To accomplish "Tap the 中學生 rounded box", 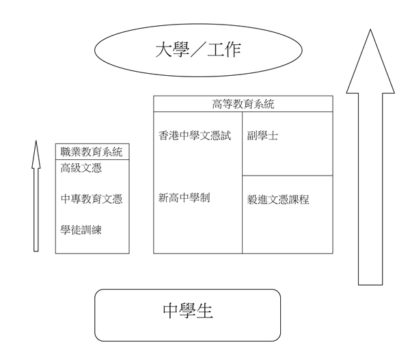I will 188,314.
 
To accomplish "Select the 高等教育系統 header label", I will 243,105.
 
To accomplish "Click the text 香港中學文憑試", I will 195,136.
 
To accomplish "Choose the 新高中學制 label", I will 184,198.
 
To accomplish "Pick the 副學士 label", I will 262,136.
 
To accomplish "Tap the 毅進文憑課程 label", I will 278,200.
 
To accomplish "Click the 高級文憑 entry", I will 81,169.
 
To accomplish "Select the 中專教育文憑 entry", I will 92,199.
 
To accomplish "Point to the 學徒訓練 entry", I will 81,229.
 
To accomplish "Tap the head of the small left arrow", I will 36,154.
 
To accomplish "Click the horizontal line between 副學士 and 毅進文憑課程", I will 288,176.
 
